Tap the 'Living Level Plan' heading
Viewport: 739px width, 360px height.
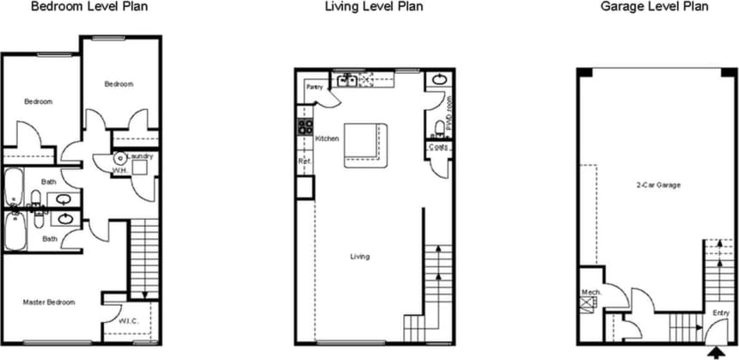tap(374, 7)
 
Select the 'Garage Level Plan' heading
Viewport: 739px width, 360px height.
tap(656, 7)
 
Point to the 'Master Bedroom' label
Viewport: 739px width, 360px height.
tap(49, 302)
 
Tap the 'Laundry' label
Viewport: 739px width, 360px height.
tap(139, 156)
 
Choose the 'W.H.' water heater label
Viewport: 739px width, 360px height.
tap(120, 170)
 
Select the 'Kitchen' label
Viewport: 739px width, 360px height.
tap(327, 138)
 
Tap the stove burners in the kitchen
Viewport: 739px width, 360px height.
tap(304, 127)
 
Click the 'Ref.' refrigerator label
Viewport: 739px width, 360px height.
tap(303, 162)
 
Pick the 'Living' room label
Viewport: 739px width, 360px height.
tap(359, 256)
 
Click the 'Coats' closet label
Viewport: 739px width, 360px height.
tap(438, 148)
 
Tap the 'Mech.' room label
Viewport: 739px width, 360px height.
tap(590, 292)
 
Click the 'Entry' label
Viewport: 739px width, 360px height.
tap(720, 313)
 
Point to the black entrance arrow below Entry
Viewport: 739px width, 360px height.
tap(715, 351)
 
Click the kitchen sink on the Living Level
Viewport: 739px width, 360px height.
tap(349, 82)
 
